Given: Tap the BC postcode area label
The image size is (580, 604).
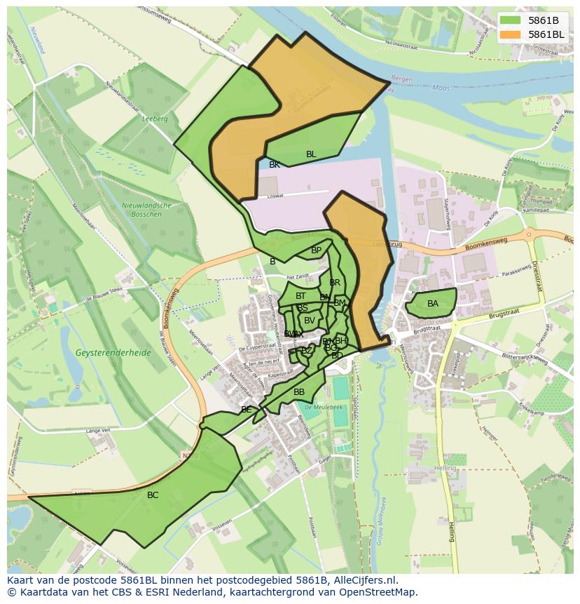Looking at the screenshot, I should [x=153, y=495].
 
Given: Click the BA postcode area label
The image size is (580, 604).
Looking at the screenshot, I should [x=433, y=304].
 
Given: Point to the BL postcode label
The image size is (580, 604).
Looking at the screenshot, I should [x=311, y=154].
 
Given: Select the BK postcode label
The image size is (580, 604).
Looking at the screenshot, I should [x=275, y=165].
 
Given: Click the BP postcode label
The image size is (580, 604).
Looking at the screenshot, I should [x=316, y=250].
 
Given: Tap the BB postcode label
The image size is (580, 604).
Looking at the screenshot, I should [x=299, y=392].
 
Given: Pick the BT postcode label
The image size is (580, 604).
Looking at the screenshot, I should [x=301, y=296].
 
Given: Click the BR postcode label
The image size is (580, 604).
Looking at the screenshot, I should [x=335, y=283].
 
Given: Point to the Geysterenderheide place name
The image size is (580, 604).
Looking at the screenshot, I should [x=115, y=353].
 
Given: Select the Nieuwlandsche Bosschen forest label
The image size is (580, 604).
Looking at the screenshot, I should [x=152, y=208].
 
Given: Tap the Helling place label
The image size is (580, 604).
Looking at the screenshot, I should [x=444, y=468].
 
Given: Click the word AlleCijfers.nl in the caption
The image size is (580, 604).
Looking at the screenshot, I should [x=365, y=580].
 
